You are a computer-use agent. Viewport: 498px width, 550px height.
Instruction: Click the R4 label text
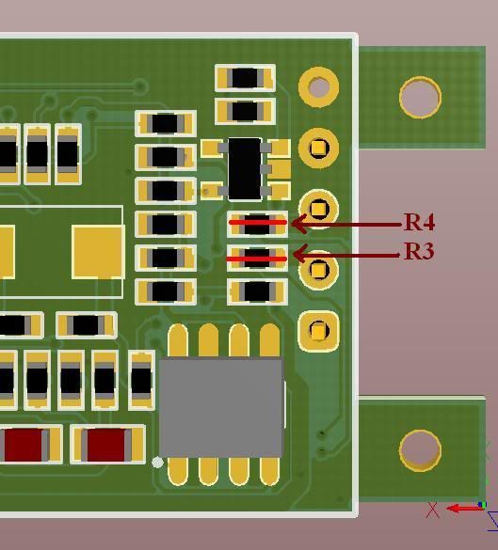pos(420,222)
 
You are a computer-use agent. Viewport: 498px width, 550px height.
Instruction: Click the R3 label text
pos(419,251)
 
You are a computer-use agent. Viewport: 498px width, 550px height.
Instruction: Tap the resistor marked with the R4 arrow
pos(257,225)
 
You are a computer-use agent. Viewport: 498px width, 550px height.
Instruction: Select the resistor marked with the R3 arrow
pos(257,259)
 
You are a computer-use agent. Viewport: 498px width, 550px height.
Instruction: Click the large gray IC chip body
pos(221,408)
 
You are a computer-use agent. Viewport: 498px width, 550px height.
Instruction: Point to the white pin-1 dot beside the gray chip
pos(157,463)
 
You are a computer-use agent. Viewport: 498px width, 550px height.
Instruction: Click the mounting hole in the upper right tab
pos(421,98)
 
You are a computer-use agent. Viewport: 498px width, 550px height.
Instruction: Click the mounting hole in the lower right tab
pos(421,450)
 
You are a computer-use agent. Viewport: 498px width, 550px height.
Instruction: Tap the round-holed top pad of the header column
pos(318,86)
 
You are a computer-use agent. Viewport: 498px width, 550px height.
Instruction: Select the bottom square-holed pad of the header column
pos(318,331)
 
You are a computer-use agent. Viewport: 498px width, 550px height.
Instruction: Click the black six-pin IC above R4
pos(245,169)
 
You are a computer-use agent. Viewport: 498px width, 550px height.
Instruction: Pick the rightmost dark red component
pos(107,445)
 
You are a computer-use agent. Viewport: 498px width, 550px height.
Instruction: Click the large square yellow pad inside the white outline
pos(98,252)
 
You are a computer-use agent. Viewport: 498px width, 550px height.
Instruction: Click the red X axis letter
pos(433,511)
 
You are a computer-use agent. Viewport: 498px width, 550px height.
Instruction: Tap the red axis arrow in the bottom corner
pos(464,508)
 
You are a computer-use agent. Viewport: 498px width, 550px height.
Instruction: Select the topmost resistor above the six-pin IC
pos(245,78)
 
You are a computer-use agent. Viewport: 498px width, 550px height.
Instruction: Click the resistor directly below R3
pos(257,291)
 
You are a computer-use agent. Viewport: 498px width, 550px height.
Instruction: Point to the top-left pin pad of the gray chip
pos(178,340)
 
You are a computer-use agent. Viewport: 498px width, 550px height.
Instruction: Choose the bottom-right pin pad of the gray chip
pos(270,471)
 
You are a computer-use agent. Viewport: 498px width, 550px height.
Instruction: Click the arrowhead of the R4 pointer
pos(299,224)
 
